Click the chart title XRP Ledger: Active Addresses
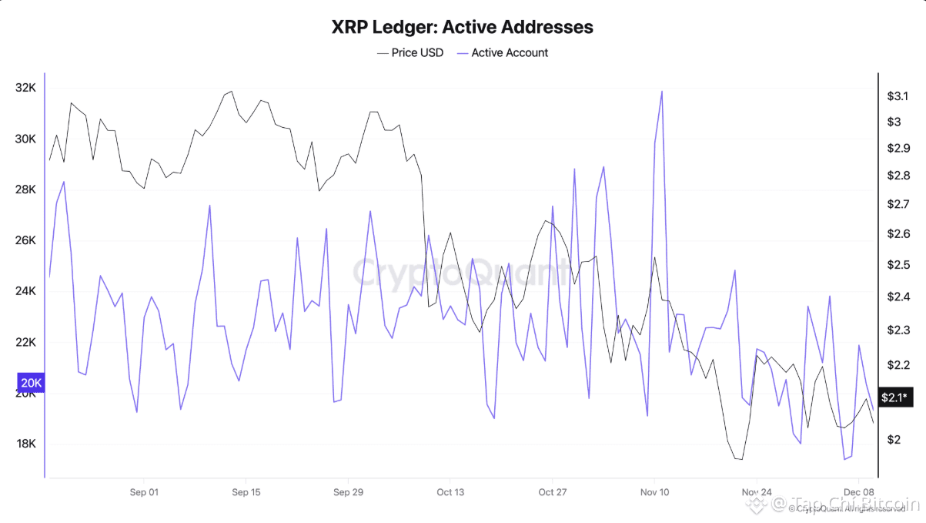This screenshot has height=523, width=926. tap(462, 27)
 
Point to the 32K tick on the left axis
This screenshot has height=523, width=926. tap(25, 88)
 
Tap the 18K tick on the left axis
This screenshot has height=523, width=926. tap(25, 444)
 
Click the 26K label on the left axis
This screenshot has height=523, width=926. tap(25, 240)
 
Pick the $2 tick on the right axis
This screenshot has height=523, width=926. tap(894, 440)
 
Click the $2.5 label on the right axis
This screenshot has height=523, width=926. tap(897, 265)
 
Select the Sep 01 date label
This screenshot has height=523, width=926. tap(144, 492)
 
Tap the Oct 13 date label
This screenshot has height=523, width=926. tap(450, 492)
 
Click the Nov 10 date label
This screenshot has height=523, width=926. tap(654, 492)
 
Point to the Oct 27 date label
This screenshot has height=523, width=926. tap(552, 492)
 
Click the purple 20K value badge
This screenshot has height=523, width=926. tap(32, 383)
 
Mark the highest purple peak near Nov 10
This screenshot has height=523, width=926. tap(661, 92)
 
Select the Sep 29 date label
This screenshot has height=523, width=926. tap(348, 492)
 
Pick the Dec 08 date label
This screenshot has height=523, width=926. tap(858, 492)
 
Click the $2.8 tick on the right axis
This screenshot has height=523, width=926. tap(897, 176)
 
